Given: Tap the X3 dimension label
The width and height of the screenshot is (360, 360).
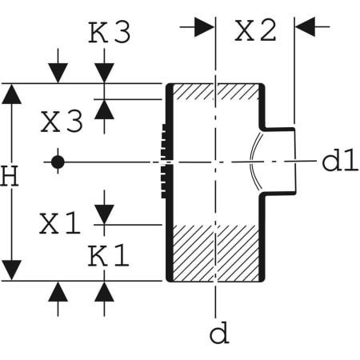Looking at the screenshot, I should [x=62, y=122].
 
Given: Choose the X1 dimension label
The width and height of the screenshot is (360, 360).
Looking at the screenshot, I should [x=61, y=225].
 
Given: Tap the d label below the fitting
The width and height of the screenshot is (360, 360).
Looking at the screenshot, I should [x=218, y=333].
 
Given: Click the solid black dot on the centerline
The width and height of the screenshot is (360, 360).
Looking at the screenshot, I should [x=57, y=162].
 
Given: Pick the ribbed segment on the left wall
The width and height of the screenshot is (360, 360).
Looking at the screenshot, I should [x=166, y=162].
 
